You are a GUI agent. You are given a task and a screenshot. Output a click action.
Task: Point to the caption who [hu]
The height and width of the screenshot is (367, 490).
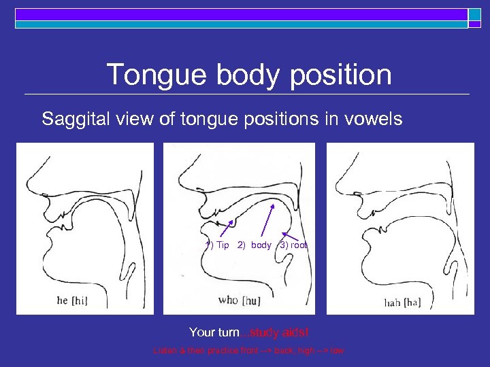[x=238, y=299]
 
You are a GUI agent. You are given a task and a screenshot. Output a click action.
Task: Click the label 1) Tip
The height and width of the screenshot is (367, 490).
[x=218, y=245]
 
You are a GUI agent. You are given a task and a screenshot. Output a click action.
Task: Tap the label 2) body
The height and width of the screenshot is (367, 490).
[x=255, y=245]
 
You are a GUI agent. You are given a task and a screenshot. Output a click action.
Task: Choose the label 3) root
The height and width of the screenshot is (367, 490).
[x=293, y=245]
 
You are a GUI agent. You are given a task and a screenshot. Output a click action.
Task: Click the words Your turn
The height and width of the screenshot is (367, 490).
[x=214, y=332]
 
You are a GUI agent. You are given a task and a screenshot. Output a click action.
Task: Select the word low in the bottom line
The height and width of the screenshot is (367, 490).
[x=338, y=351]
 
